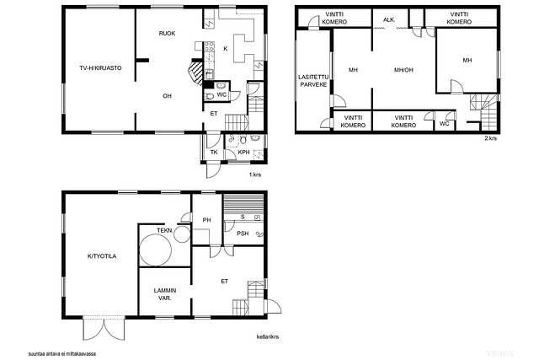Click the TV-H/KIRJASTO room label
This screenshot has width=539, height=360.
(100, 68)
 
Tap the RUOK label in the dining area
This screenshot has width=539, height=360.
(167, 34)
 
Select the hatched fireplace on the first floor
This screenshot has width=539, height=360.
(195, 73)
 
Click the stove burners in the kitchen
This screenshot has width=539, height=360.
(210, 47)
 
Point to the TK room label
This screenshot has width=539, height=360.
(214, 152)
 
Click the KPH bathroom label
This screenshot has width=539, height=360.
(243, 152)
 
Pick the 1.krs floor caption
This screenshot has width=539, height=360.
(255, 175)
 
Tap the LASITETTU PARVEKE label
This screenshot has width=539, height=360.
(313, 81)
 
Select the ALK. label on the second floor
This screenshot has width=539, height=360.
(389, 20)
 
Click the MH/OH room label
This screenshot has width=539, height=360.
(403, 70)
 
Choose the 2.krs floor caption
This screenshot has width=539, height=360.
(490, 138)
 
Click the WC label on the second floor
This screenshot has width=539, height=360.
(444, 124)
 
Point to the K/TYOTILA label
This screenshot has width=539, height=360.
(102, 256)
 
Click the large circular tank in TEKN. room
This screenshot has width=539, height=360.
(155, 250)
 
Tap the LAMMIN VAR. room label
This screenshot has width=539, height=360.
(165, 294)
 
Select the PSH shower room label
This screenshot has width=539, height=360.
(243, 234)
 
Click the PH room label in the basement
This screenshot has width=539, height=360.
(206, 220)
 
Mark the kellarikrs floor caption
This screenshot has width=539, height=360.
(268, 336)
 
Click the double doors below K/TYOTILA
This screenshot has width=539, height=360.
(104, 328)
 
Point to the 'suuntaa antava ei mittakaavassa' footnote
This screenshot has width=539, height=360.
(62, 353)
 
